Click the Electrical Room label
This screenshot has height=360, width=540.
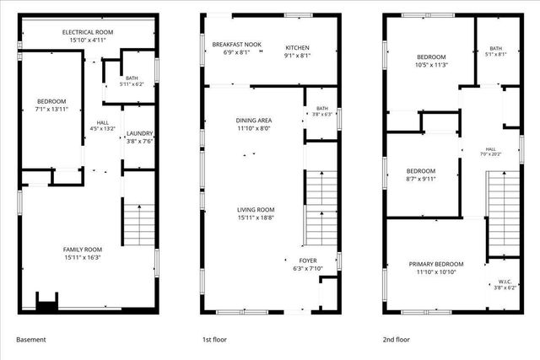tap(88, 32)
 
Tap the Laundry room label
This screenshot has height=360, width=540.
tap(139, 133)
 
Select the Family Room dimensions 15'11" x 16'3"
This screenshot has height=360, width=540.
tap(83, 257)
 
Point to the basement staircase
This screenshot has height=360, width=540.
tap(139, 225)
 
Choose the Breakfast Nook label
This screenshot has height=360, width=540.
tap(236, 45)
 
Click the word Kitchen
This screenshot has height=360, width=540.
tap(297, 47)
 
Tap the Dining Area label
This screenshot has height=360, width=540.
tap(254, 121)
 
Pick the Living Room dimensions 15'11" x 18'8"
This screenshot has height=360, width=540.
tap(256, 218)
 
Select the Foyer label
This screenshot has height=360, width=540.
tap(308, 261)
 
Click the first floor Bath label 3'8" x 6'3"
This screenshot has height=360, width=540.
tap(322, 111)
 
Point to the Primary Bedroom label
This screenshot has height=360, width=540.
tap(436, 264)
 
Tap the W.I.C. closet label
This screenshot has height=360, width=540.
tap(505, 282)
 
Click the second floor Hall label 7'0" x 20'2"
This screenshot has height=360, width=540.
tap(491, 152)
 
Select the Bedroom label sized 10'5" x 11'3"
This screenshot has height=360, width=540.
tap(431, 56)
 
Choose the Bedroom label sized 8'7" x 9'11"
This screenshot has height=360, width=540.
tap(421, 170)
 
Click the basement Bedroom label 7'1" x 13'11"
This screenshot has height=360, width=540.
tap(51, 101)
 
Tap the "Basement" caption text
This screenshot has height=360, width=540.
tap(31, 340)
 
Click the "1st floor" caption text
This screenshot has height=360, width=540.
tap(214, 340)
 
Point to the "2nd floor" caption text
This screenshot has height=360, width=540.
tap(397, 340)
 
